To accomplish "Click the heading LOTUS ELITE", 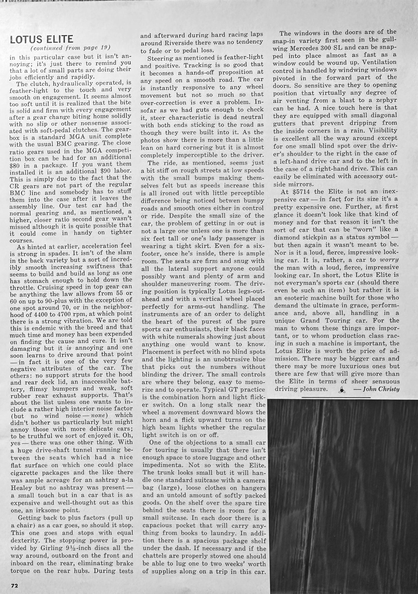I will (42, 39).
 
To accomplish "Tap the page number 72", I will (14, 585).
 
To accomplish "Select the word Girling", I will (50, 548).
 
